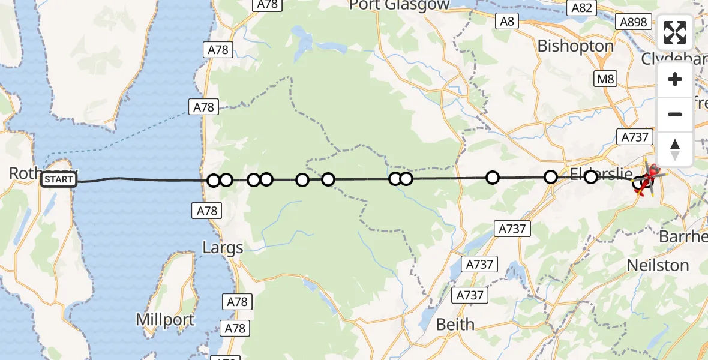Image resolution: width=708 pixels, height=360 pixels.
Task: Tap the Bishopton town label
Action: pyautogui.click(x=575, y=46)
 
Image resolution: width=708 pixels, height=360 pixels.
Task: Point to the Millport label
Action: pyautogui.click(x=165, y=319)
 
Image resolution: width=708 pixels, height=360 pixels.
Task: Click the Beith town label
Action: pyautogui.click(x=455, y=325)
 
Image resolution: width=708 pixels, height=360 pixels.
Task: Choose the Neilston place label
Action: pyautogui.click(x=658, y=265)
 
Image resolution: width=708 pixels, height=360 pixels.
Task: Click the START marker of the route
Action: pyautogui.click(x=59, y=179)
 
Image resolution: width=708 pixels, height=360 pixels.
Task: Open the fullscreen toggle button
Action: pyautogui.click(x=675, y=33)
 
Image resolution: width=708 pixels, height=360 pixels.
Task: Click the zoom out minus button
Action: pyautogui.click(x=675, y=114)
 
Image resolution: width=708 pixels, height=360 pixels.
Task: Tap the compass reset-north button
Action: pyautogui.click(x=675, y=149)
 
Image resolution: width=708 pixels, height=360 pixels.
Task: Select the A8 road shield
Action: pyautogui.click(x=507, y=22)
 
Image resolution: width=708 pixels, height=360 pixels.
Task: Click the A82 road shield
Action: pyautogui.click(x=582, y=8)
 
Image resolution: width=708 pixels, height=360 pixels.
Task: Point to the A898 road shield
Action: pyautogui.click(x=633, y=22)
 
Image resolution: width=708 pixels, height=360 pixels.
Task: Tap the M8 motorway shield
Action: pyautogui.click(x=604, y=78)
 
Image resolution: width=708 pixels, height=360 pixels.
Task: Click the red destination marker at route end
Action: pyautogui.click(x=652, y=172)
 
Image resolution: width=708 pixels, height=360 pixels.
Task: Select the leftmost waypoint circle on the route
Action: pyautogui.click(x=214, y=181)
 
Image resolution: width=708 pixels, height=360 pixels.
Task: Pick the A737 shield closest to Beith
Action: pyautogui.click(x=470, y=295)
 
